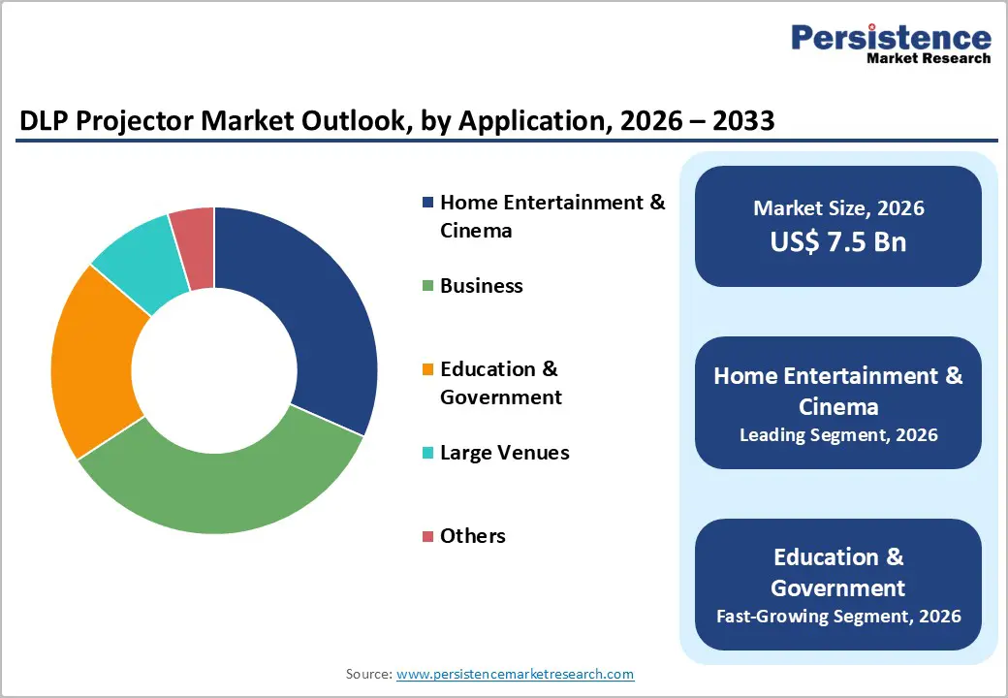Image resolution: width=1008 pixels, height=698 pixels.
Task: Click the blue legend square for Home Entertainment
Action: pyautogui.click(x=427, y=203)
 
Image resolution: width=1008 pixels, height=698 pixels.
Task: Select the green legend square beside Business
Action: pyautogui.click(x=427, y=286)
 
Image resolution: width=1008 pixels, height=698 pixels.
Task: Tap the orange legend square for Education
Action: pyautogui.click(x=427, y=369)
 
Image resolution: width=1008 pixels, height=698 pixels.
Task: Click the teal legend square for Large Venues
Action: pyautogui.click(x=427, y=453)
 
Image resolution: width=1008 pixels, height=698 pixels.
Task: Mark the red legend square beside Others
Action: pyautogui.click(x=427, y=536)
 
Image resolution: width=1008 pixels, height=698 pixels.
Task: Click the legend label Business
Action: pyautogui.click(x=481, y=286)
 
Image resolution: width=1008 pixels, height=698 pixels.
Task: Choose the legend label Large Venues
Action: pyautogui.click(x=504, y=453)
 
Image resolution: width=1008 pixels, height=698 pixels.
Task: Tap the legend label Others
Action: pyautogui.click(x=472, y=536)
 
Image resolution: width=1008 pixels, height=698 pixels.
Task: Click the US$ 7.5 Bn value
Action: pyautogui.click(x=838, y=241)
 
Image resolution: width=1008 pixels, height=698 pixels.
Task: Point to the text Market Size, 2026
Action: pyautogui.click(x=838, y=208)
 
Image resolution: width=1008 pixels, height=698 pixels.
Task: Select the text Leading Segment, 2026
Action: pyautogui.click(x=838, y=435)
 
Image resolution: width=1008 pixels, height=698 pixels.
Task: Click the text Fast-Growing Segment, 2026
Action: pyautogui.click(x=838, y=616)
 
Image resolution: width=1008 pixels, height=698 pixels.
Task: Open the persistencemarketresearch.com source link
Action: pyautogui.click(x=515, y=674)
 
